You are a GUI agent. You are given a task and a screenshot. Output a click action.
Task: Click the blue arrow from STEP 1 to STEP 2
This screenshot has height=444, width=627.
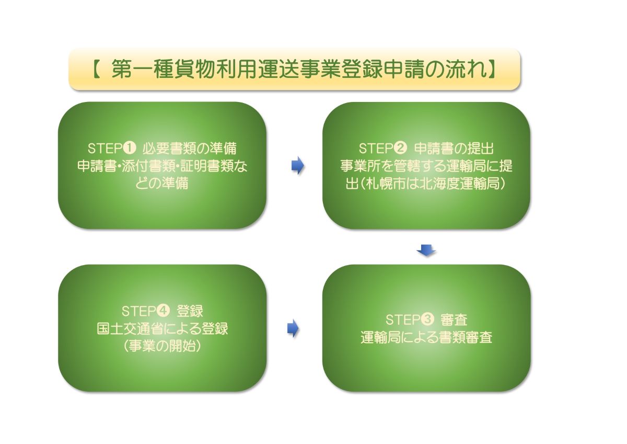tap(298, 166)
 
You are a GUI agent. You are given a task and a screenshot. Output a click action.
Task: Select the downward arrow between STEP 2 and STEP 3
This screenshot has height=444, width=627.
tap(426, 251)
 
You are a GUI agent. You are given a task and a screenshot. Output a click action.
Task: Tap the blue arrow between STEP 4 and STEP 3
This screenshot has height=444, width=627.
tap(293, 328)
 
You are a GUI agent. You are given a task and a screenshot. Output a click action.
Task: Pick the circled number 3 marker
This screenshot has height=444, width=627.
tap(427, 319)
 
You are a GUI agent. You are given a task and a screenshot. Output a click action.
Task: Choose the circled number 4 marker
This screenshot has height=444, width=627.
tap(164, 310)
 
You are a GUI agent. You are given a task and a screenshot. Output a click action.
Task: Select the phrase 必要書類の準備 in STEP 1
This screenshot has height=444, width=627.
tap(190, 148)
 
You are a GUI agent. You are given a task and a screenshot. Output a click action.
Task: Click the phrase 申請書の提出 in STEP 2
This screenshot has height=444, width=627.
tap(454, 148)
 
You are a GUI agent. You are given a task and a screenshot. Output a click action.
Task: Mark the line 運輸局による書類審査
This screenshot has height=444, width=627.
tap(426, 337)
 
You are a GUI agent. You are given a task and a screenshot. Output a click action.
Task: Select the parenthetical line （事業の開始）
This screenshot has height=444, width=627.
tap(162, 346)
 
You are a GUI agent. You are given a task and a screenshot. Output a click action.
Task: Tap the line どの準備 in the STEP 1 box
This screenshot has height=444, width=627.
tap(162, 184)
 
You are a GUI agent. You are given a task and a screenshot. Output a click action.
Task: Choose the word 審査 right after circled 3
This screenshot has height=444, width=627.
tap(454, 320)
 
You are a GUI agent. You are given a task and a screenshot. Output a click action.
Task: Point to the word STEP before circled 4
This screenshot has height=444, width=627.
tap(139, 311)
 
